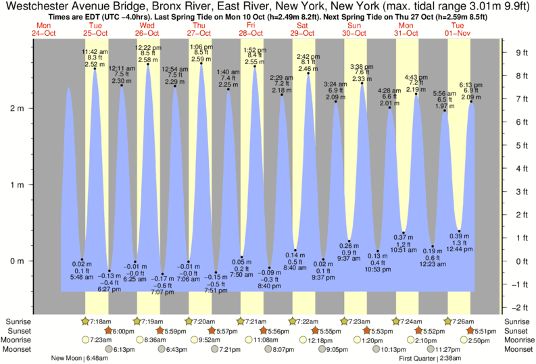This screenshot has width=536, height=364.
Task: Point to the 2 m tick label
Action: (x=16, y=108)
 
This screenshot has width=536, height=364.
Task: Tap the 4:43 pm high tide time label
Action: (x=415, y=77)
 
